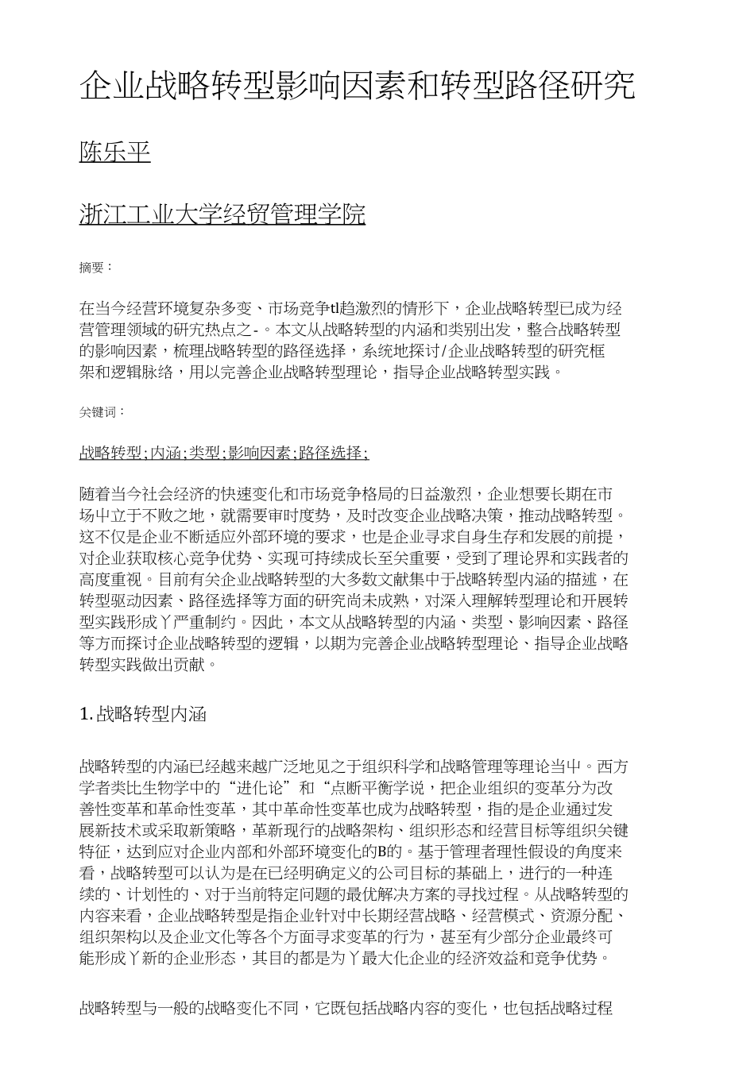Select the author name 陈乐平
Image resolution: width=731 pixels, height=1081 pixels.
pyautogui.click(x=114, y=152)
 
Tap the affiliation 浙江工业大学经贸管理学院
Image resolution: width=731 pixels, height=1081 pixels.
pyautogui.click(x=222, y=214)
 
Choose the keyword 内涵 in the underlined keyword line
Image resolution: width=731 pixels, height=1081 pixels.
pyautogui.click(x=165, y=454)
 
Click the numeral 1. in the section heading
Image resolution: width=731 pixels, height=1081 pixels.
pyautogui.click(x=87, y=715)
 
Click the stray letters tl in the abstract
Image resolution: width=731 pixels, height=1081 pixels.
pyautogui.click(x=335, y=308)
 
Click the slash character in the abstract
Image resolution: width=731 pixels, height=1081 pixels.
pyautogui.click(x=450, y=350)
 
